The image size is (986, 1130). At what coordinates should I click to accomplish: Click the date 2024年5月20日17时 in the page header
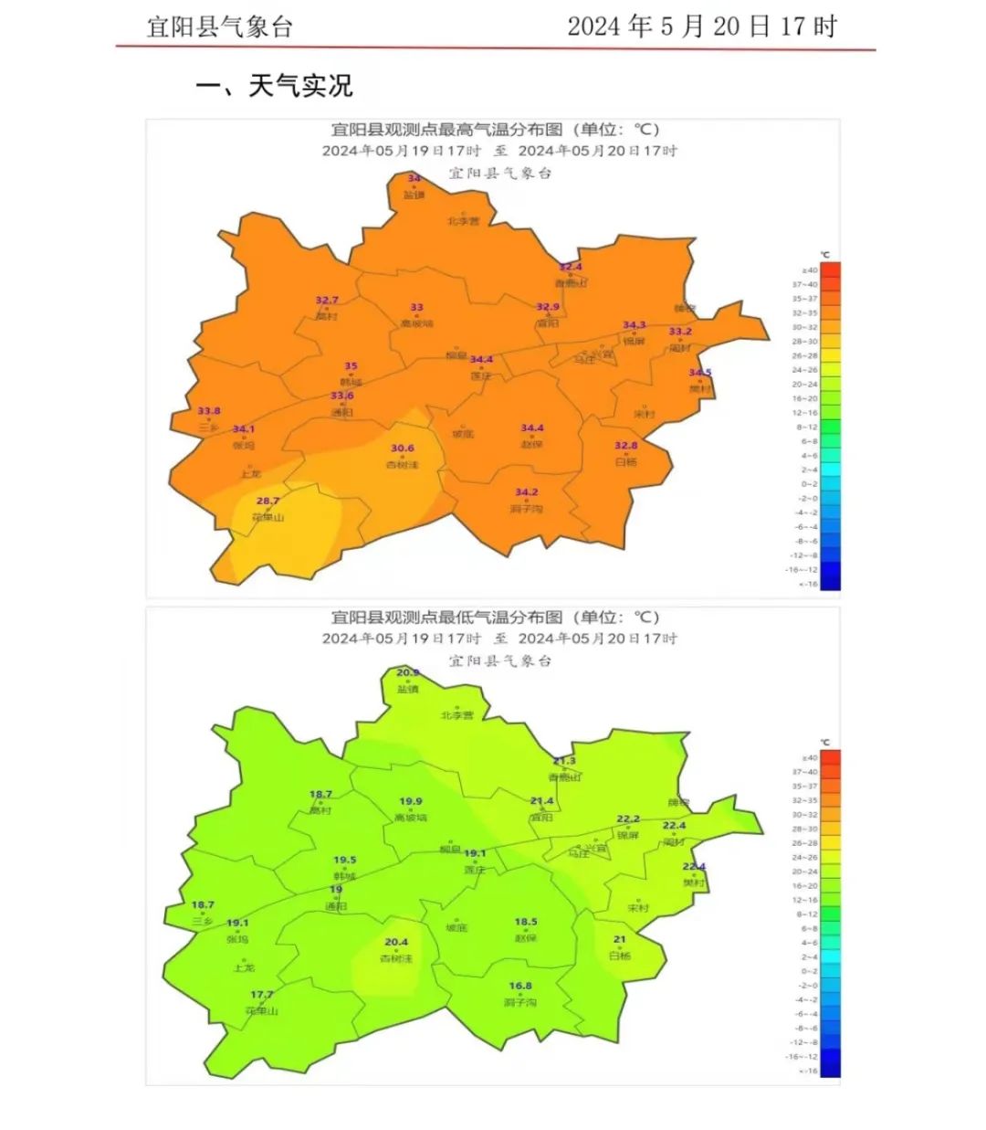pyautogui.click(x=701, y=26)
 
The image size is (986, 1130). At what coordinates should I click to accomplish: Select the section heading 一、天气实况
pyautogui.click(x=274, y=86)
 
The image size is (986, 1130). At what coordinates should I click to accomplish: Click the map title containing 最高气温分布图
pyautogui.click(x=494, y=131)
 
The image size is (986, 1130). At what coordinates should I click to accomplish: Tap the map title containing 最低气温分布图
pyautogui.click(x=494, y=618)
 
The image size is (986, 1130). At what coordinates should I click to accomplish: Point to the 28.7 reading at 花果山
pyautogui.click(x=267, y=501)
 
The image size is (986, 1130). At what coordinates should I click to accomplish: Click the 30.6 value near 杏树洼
pyautogui.click(x=402, y=449)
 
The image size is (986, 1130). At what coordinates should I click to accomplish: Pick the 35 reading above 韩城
pyautogui.click(x=351, y=366)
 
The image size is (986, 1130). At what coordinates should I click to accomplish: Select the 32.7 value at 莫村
pyautogui.click(x=326, y=300)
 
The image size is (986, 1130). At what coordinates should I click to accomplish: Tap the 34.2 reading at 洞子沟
pyautogui.click(x=526, y=492)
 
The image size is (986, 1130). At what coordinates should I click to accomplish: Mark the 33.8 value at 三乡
pyautogui.click(x=208, y=411)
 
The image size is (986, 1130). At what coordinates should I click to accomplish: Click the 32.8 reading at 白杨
pyautogui.click(x=625, y=446)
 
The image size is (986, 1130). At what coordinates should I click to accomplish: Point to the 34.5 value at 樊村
pyautogui.click(x=699, y=373)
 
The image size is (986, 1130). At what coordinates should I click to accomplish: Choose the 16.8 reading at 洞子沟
pyautogui.click(x=519, y=986)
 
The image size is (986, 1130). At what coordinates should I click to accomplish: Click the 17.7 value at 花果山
pyautogui.click(x=261, y=995)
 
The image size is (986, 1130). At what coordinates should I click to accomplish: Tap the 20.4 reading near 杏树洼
pyautogui.click(x=395, y=942)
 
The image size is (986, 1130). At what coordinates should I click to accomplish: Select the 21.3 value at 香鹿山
pyautogui.click(x=564, y=761)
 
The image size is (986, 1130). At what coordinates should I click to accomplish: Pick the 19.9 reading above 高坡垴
pyautogui.click(x=411, y=801)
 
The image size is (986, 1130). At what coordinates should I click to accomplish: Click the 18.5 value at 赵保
pyautogui.click(x=525, y=922)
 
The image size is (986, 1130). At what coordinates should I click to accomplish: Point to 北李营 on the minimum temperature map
pyautogui.click(x=456, y=715)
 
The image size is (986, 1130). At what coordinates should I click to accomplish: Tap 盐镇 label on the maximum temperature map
pyautogui.click(x=414, y=195)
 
